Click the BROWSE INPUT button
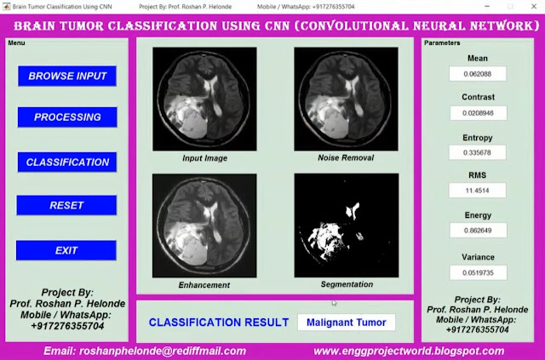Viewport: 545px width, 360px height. click(x=67, y=76)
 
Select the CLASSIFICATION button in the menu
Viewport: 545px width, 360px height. click(x=67, y=162)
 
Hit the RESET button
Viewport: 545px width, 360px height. click(x=66, y=205)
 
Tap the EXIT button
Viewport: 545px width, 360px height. click(x=66, y=250)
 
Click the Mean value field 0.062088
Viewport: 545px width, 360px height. click(x=478, y=74)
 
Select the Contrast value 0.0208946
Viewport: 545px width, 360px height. click(x=479, y=113)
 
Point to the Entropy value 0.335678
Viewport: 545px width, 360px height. click(x=477, y=152)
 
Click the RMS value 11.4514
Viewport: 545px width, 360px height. click(x=477, y=191)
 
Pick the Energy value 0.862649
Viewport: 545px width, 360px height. click(x=478, y=231)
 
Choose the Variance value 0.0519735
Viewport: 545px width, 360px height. click(x=478, y=272)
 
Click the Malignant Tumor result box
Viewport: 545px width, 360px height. click(x=347, y=323)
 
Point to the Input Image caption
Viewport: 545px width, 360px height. click(x=204, y=158)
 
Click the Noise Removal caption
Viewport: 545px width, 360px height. click(x=346, y=157)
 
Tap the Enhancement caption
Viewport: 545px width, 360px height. click(x=204, y=285)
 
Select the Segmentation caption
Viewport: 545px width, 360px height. click(x=347, y=284)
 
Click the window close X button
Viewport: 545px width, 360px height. click(x=534, y=6)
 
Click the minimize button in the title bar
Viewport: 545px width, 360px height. click(x=487, y=6)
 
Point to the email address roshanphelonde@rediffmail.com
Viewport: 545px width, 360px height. click(x=145, y=351)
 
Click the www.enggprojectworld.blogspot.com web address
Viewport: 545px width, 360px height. click(x=409, y=351)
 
